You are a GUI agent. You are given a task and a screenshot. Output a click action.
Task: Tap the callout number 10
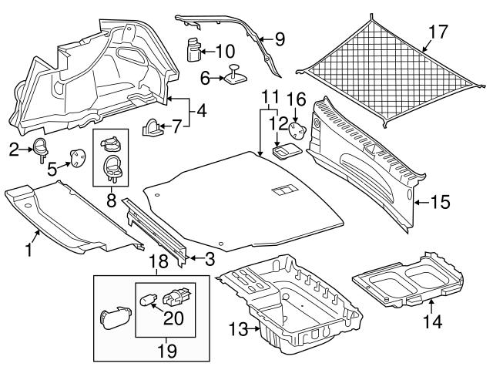[x=225, y=52]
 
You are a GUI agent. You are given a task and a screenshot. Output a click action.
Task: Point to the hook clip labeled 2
[x=39, y=148]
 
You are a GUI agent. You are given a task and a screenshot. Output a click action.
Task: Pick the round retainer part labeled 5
[x=77, y=156]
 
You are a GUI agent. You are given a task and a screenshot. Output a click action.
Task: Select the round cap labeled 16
[x=295, y=126]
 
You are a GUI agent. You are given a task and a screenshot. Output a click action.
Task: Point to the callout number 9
[x=279, y=37]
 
